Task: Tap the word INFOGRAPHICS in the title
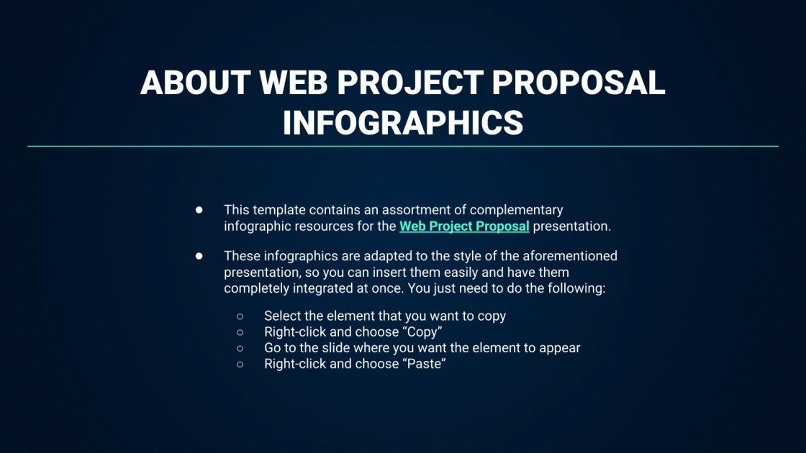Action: pyautogui.click(x=402, y=123)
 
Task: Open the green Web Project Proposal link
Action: pyautogui.click(x=464, y=226)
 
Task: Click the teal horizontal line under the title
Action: pyautogui.click(x=403, y=146)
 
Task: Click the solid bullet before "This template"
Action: pyautogui.click(x=199, y=210)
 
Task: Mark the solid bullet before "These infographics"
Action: pyautogui.click(x=199, y=256)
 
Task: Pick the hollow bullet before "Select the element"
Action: pyautogui.click(x=240, y=316)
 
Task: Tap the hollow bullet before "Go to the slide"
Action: pyautogui.click(x=240, y=348)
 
